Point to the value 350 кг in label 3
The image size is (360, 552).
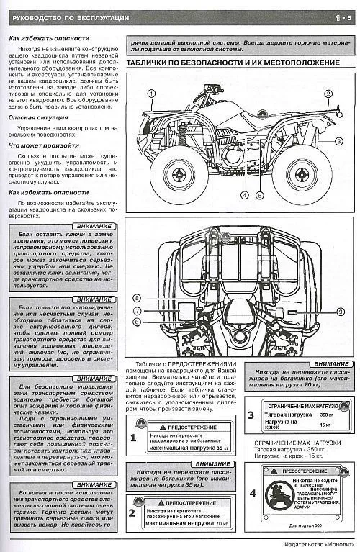pos(325,415)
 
